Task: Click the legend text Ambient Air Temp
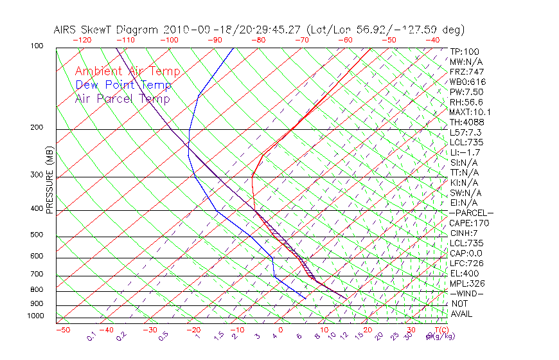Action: coord(127,71)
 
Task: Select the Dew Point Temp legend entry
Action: coord(123,85)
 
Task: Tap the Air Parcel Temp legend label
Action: coord(122,98)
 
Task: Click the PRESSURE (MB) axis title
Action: coord(49,183)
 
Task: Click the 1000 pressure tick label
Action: coord(37,316)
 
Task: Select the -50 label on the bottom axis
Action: coord(62,330)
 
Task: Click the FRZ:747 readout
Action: coord(466,71)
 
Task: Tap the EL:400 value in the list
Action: coord(464,273)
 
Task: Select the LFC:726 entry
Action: coord(466,263)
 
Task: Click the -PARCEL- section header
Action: coord(471,213)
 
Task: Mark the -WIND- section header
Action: coord(466,293)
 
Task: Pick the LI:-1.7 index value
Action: coord(464,152)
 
